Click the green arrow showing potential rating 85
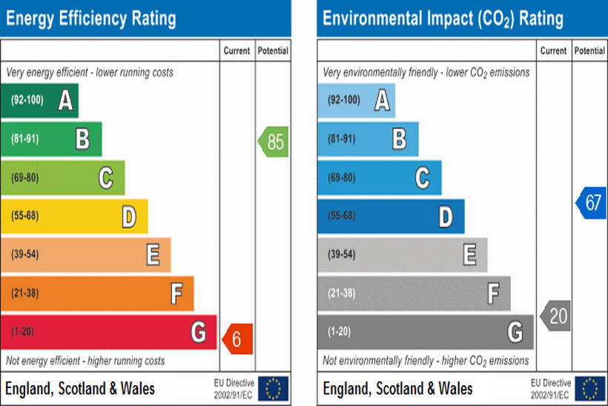[274, 142]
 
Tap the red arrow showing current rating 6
[239, 339]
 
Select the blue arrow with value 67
[591, 203]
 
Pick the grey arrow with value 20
[556, 316]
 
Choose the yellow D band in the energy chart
[74, 216]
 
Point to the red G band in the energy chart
[108, 332]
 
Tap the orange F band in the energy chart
[97, 293]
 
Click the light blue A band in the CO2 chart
[356, 100]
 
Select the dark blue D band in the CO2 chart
[391, 216]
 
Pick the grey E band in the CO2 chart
[402, 255]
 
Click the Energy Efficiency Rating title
[91, 18]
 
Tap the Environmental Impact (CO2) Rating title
[443, 18]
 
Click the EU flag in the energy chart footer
[274, 388]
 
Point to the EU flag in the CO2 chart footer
[590, 388]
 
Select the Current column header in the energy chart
[237, 51]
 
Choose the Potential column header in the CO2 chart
[589, 51]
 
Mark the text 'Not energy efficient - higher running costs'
[86, 361]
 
